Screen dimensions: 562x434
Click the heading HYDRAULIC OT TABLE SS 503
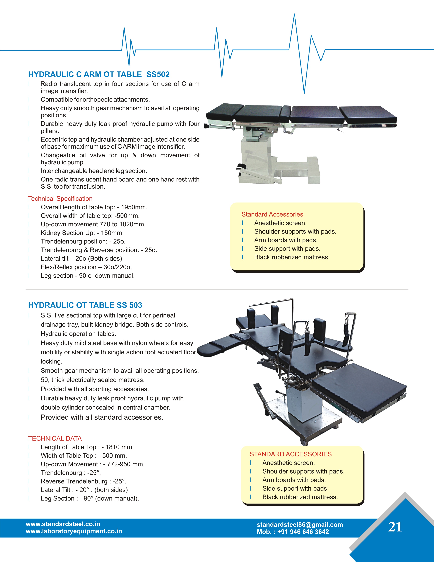[85, 305]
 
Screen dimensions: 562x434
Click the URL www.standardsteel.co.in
[63, 524]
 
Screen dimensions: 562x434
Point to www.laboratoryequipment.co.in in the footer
[74, 531]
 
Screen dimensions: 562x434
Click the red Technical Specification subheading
[60, 199]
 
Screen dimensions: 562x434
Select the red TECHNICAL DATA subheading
[55, 438]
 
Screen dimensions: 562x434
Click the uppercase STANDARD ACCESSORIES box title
[290, 454]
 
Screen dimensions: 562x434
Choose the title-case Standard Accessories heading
[272, 214]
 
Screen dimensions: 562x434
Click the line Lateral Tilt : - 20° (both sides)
[84, 490]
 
